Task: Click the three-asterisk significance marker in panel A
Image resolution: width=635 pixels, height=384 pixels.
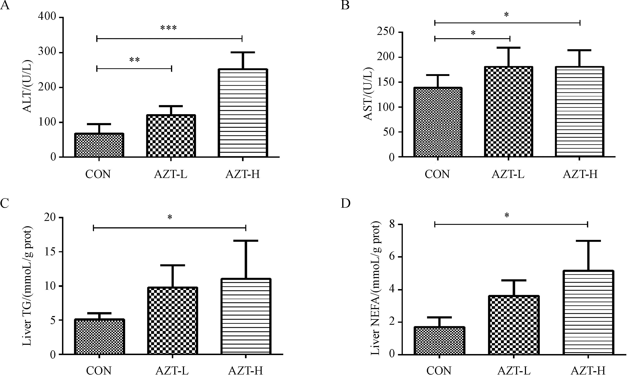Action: pyautogui.click(x=169, y=28)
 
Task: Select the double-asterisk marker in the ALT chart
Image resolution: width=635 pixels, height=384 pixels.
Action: pyautogui.click(x=134, y=60)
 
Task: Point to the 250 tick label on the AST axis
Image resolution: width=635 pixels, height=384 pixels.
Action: pyautogui.click(x=386, y=32)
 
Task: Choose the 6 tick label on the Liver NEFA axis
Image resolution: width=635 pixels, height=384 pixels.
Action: pyautogui.click(x=392, y=257)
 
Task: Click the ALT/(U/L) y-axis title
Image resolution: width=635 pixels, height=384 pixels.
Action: pyautogui.click(x=28, y=86)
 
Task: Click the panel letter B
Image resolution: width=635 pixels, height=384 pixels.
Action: pyautogui.click(x=345, y=5)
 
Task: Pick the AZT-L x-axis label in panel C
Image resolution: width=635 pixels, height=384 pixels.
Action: pyautogui.click(x=172, y=371)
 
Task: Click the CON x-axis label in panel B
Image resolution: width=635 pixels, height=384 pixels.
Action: pyautogui.click(x=437, y=174)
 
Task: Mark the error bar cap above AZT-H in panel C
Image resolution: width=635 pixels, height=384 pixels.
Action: pyautogui.click(x=246, y=241)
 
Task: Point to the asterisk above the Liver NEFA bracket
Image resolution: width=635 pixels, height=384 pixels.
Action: pyautogui.click(x=507, y=215)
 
